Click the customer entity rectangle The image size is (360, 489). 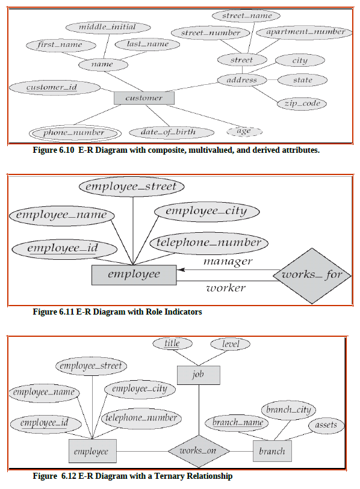pos(144,97)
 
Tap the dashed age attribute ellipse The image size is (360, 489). pos(244,131)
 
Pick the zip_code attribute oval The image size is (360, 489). pos(302,103)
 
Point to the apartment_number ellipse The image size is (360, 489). pos(305,31)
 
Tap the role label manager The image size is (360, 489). pos(227,262)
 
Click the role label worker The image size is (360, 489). pos(226,288)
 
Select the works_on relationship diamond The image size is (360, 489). pos(199,451)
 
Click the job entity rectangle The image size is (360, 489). pos(199,375)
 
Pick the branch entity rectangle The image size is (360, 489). pos(272,451)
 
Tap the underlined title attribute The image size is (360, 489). pos(172,343)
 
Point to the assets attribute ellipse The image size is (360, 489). pos(326,426)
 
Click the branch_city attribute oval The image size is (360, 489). pos(288,410)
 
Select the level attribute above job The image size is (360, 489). pos(231,344)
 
